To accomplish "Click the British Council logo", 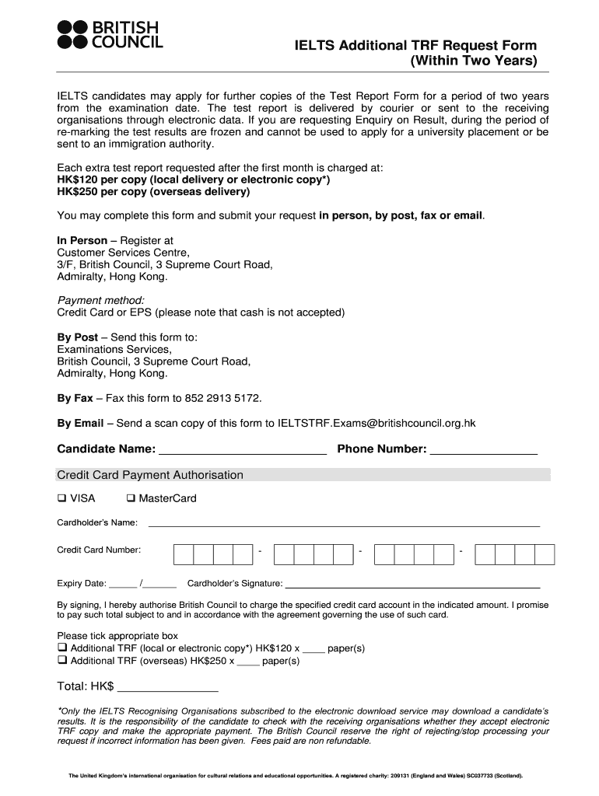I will pyautogui.click(x=110, y=35).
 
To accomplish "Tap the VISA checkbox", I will pyautogui.click(x=62, y=498).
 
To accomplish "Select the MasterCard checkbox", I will pyautogui.click(x=131, y=498).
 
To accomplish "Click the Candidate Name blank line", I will pyautogui.click(x=242, y=449).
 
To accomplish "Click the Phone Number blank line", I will pyautogui.click(x=484, y=449).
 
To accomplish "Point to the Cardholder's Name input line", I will pyautogui.click(x=344, y=523).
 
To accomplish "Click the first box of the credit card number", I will pyautogui.click(x=184, y=554).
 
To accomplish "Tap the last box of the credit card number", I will pyautogui.click(x=545, y=554).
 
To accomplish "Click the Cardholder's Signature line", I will pyautogui.click(x=413, y=584).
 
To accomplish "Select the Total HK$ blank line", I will pyautogui.click(x=167, y=687).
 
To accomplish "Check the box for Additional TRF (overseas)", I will pyautogui.click(x=62, y=661).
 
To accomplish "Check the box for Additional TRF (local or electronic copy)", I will pyautogui.click(x=62, y=648).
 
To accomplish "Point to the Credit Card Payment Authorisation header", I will pyautogui.click(x=150, y=475).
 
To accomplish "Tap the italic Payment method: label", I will pyautogui.click(x=101, y=300).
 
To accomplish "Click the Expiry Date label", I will pyautogui.click(x=81, y=584).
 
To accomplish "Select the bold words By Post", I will pyautogui.click(x=78, y=337).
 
